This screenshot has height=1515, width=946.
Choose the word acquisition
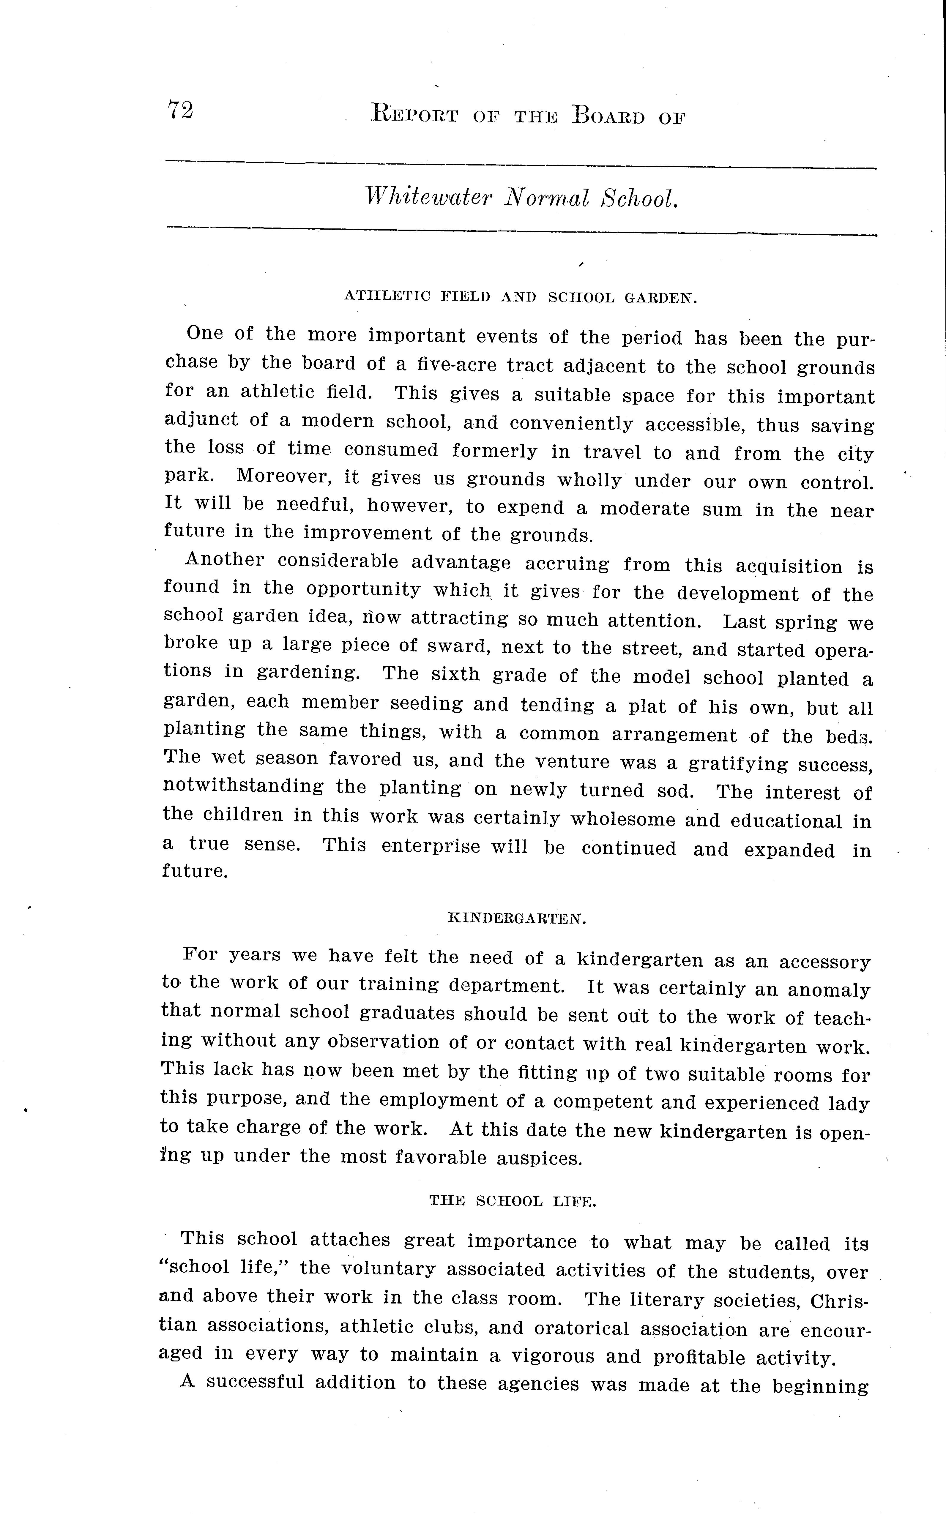[x=788, y=567]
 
